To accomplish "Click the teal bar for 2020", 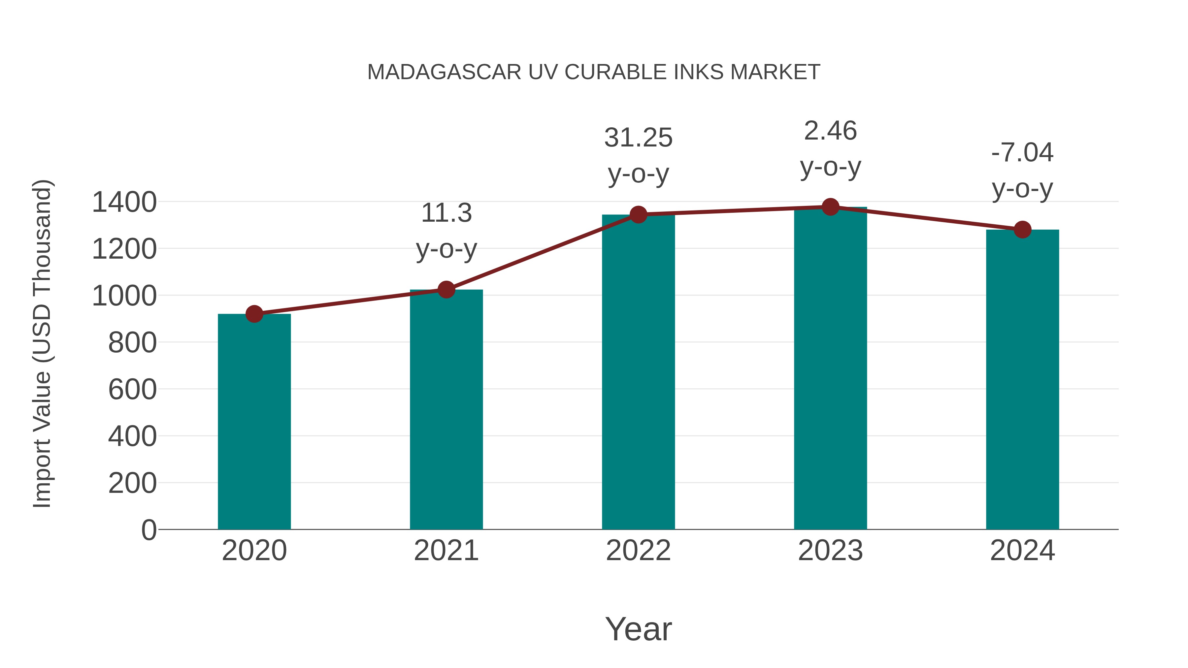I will coord(254,422).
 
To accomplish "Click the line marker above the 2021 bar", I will coord(446,290).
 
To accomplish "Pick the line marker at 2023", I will coord(830,207).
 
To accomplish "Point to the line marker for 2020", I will coord(254,314).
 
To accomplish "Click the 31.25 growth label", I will coord(638,138).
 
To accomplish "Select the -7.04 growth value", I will coord(1022,153).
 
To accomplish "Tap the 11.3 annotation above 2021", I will coord(446,213).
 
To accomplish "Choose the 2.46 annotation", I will coord(830,131).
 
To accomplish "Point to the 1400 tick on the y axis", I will coord(124,203).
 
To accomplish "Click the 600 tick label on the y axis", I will coord(132,390).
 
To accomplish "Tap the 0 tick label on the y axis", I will coord(148,530).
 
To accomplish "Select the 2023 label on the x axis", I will coord(830,551).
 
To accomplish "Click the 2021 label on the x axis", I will coord(446,551).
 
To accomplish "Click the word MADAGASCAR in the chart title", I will coord(444,72).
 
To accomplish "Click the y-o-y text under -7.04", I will coord(1022,189).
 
